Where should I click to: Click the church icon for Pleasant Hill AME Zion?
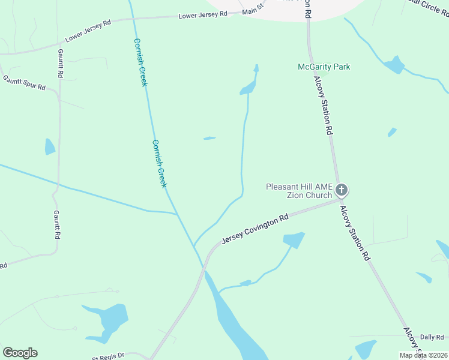tap(341, 191)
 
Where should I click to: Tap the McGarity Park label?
tap(324, 67)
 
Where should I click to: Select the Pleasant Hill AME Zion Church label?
tap(299, 191)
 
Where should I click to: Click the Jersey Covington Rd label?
tap(255, 229)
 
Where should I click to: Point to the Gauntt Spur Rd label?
tap(24, 83)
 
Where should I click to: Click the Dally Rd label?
tap(432, 337)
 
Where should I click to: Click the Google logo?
tap(20, 353)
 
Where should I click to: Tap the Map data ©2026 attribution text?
tap(423, 355)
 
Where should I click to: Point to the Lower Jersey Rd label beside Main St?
tap(203, 14)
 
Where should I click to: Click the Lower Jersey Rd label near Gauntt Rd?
tap(88, 31)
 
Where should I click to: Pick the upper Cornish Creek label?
tap(140, 62)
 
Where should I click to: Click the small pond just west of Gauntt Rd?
tap(50, 146)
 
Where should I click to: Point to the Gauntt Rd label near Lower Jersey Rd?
tap(60, 64)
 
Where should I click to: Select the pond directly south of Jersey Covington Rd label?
tap(294, 240)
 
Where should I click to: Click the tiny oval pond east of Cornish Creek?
tap(209, 138)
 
